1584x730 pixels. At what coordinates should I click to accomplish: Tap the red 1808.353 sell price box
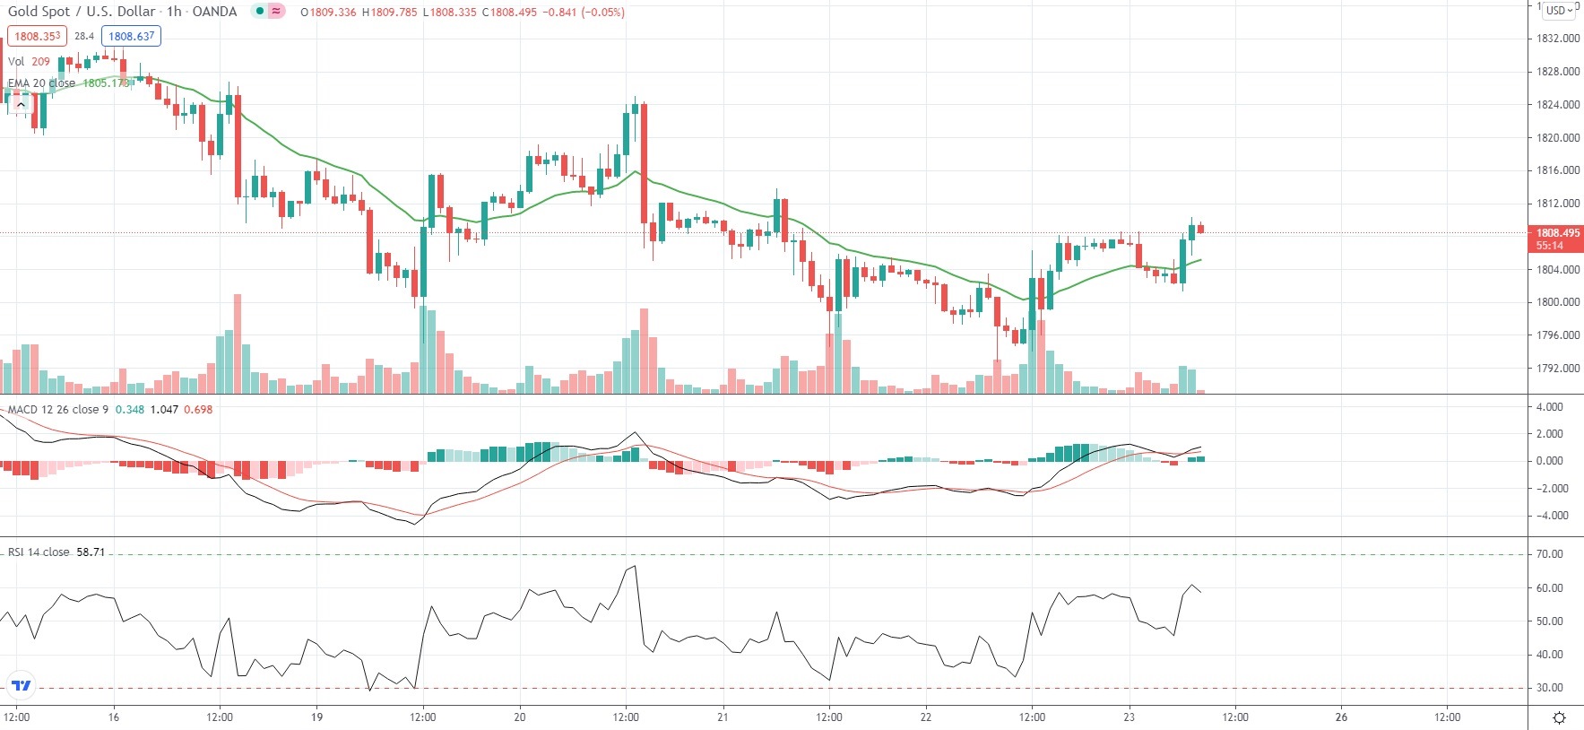point(37,36)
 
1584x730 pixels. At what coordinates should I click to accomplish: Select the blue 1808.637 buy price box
point(132,36)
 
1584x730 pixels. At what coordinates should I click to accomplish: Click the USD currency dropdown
point(1560,11)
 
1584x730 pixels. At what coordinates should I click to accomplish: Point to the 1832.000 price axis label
point(1558,39)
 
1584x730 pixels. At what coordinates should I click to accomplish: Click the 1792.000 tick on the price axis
point(1558,368)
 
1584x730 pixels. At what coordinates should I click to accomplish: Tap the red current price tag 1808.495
point(1557,233)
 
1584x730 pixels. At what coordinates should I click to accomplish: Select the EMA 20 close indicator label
point(41,83)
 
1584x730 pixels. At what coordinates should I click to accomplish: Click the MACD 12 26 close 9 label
point(57,410)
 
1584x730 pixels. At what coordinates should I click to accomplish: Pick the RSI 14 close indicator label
point(39,552)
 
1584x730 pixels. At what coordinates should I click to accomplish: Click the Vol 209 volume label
point(29,62)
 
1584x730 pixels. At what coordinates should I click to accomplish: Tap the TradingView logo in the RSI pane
point(21,686)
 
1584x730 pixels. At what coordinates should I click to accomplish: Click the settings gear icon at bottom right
point(1559,717)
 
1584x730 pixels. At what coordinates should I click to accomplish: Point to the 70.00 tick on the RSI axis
point(1549,554)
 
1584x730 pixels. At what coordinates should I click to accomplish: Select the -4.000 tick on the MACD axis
point(1549,516)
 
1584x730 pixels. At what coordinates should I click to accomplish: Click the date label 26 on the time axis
point(1341,717)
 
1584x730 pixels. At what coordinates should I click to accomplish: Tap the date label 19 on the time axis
point(316,717)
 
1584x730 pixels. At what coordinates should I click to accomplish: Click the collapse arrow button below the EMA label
point(20,105)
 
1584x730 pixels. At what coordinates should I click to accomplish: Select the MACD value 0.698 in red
point(198,410)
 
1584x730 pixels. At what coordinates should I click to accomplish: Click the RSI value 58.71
point(91,552)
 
